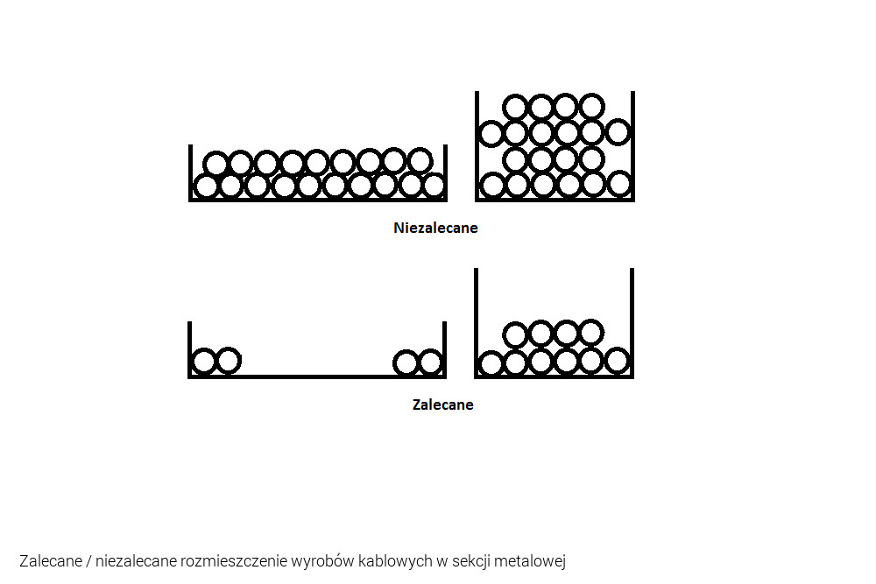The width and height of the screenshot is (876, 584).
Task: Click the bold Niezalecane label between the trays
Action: click(x=435, y=228)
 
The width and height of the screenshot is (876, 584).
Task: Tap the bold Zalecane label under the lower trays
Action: click(x=443, y=405)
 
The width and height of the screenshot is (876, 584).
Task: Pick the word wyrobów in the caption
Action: click(x=323, y=560)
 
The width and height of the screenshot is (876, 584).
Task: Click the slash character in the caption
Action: click(x=88, y=560)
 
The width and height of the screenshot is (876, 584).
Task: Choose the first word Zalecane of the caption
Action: click(x=51, y=560)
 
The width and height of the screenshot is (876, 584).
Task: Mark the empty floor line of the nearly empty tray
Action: click(x=317, y=376)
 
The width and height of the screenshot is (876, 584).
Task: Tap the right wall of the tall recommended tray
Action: click(x=632, y=323)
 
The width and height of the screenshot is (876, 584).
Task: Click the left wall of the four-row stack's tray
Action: click(x=477, y=145)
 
